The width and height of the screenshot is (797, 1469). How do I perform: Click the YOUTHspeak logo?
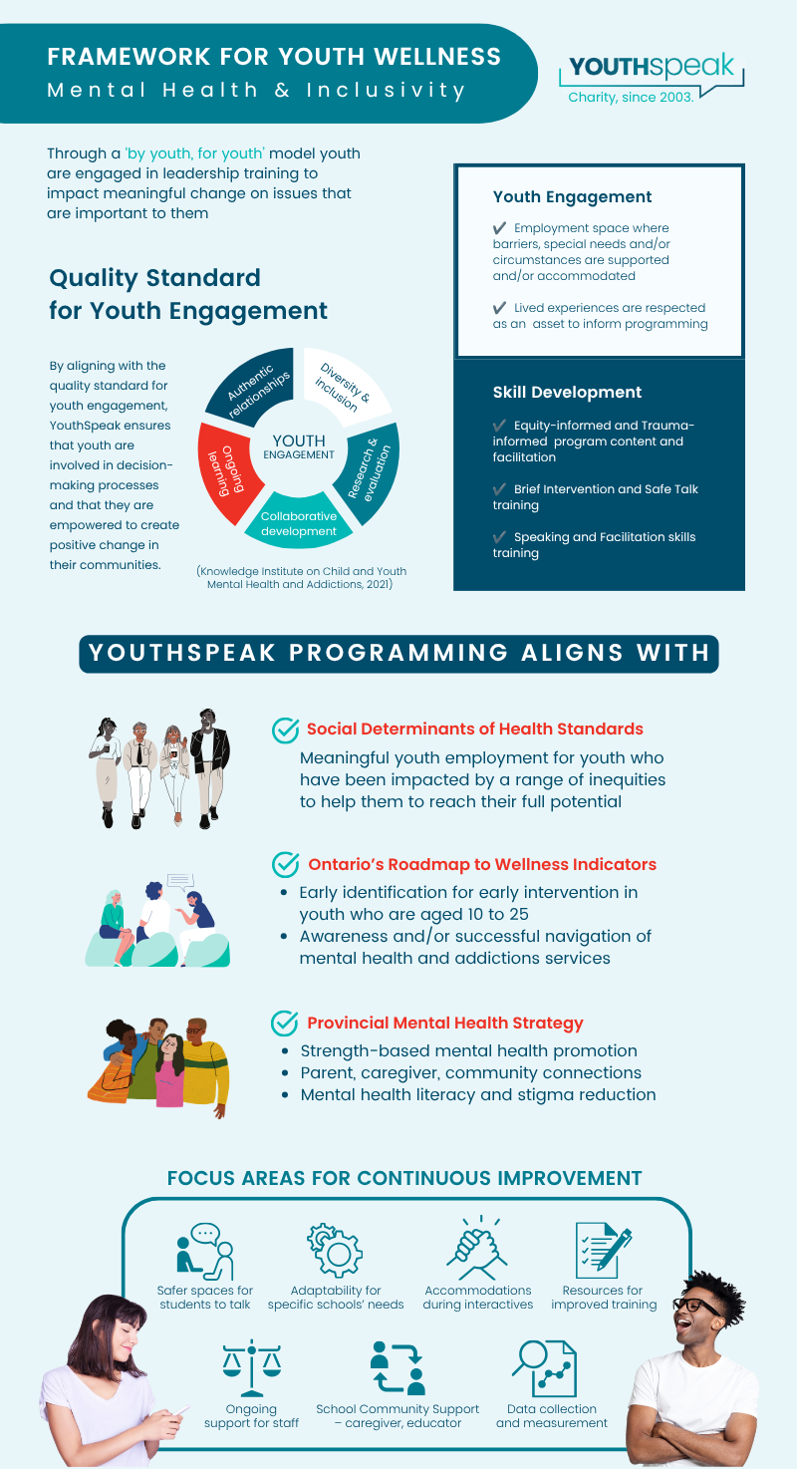[653, 78]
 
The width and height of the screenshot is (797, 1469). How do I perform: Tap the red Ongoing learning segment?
[227, 470]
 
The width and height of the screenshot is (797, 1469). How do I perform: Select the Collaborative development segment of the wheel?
[299, 522]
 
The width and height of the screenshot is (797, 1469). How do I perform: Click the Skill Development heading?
[567, 393]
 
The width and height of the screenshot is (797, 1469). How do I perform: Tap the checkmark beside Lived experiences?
[499, 308]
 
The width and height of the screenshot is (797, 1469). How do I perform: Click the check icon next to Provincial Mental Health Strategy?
[285, 1023]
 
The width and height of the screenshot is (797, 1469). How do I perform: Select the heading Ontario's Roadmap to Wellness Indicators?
[482, 864]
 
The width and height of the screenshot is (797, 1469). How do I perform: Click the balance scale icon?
[252, 1368]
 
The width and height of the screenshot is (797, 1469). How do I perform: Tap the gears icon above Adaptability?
[335, 1251]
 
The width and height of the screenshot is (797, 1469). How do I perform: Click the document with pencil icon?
[603, 1250]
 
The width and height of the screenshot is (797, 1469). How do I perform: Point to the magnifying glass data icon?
[545, 1368]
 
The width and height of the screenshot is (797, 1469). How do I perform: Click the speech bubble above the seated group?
[180, 881]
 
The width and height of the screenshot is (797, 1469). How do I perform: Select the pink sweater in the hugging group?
[170, 1082]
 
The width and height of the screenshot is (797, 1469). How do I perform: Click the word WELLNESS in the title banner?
[437, 57]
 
